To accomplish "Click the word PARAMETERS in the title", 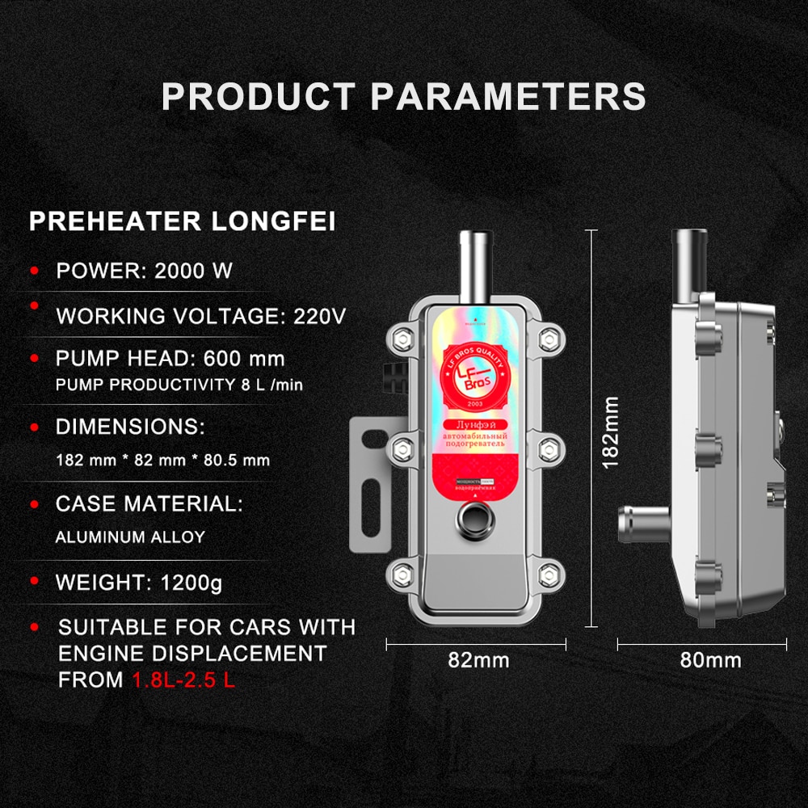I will click(x=508, y=95).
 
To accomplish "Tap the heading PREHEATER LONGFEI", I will click(x=182, y=221).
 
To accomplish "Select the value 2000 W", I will click(x=195, y=271).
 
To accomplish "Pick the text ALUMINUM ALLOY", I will click(x=130, y=537).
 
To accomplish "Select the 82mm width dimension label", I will click(x=478, y=660).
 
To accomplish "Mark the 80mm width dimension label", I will click(x=711, y=660).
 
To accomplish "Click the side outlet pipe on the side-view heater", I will click(x=642, y=526).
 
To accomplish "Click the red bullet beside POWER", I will click(x=35, y=270).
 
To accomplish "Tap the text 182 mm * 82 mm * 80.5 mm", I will click(x=162, y=461).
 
